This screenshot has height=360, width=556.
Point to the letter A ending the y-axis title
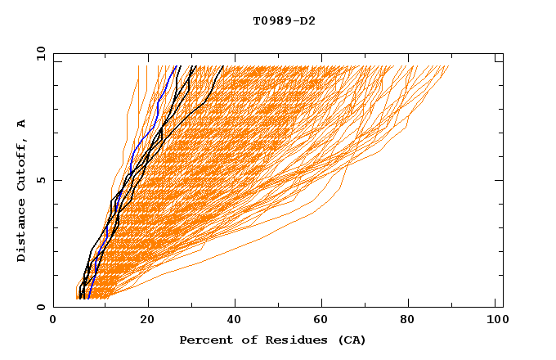point(22,124)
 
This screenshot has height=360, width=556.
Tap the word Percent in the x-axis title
point(204,340)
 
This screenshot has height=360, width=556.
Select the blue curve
point(131,164)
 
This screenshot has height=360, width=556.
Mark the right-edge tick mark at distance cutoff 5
point(499,180)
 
